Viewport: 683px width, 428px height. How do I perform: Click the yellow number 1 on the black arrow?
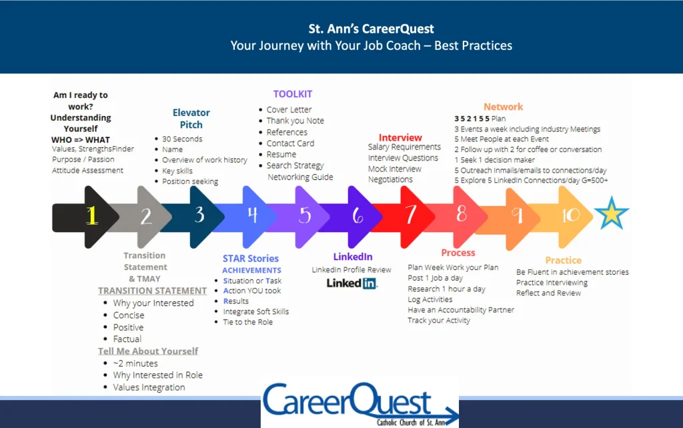pyautogui.click(x=91, y=215)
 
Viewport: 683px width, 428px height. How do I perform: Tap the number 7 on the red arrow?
pyautogui.click(x=410, y=215)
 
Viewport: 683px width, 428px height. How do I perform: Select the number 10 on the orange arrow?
pyautogui.click(x=570, y=215)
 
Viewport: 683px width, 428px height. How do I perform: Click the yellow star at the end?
pyautogui.click(x=612, y=213)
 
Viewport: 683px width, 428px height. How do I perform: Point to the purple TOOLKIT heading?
pyautogui.click(x=293, y=94)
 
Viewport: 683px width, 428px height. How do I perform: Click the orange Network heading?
pyautogui.click(x=503, y=107)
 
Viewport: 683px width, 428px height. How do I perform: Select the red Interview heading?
pyautogui.click(x=400, y=137)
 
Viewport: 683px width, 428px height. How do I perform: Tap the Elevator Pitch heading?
pyautogui.click(x=191, y=119)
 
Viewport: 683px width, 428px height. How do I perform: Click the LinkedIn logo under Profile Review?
pyautogui.click(x=352, y=283)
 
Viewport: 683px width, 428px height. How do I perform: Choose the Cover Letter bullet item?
pyautogui.click(x=289, y=110)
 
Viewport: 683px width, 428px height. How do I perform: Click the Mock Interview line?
pyautogui.click(x=395, y=169)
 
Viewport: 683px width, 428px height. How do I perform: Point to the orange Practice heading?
pyautogui.click(x=563, y=261)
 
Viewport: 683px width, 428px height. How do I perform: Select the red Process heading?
pyautogui.click(x=458, y=253)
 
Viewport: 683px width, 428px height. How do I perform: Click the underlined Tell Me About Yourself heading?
pyautogui.click(x=148, y=351)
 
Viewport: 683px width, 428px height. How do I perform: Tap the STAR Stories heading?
pyautogui.click(x=251, y=258)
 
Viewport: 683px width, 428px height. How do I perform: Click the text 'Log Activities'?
pyautogui.click(x=430, y=299)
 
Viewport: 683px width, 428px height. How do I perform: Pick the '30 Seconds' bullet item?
pyautogui.click(x=182, y=139)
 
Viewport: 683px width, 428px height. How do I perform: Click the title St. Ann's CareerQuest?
pyautogui.click(x=371, y=29)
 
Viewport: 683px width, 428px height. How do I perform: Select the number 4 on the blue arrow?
pyautogui.click(x=252, y=215)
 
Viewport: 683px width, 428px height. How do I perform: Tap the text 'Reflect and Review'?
pyautogui.click(x=548, y=293)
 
